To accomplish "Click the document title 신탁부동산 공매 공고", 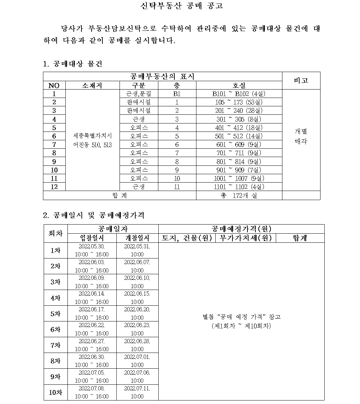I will tap(181, 6).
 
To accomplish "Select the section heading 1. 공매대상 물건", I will tap(73, 64).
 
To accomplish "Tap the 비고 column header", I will tap(301, 80).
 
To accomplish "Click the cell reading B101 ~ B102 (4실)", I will tap(239, 94).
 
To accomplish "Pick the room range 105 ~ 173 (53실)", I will tap(239, 102).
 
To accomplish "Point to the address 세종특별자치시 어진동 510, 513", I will tap(93, 140).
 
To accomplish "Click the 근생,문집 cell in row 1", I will tap(139, 94).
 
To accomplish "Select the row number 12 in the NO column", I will tap(54, 187).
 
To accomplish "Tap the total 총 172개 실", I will tap(239, 196).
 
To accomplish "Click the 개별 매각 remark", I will tap(301, 136).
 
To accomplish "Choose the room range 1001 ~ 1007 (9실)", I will tap(239, 178).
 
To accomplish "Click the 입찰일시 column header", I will tap(92, 238).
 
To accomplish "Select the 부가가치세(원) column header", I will tap(246, 238).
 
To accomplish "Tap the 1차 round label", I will tap(55, 250).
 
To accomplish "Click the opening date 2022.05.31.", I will tap(137, 246).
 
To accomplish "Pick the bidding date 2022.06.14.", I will tap(92, 293).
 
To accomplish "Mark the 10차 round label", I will tap(55, 392).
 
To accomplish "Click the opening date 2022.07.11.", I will tap(137, 388).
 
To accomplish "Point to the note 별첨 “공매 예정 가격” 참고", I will tap(242, 317).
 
